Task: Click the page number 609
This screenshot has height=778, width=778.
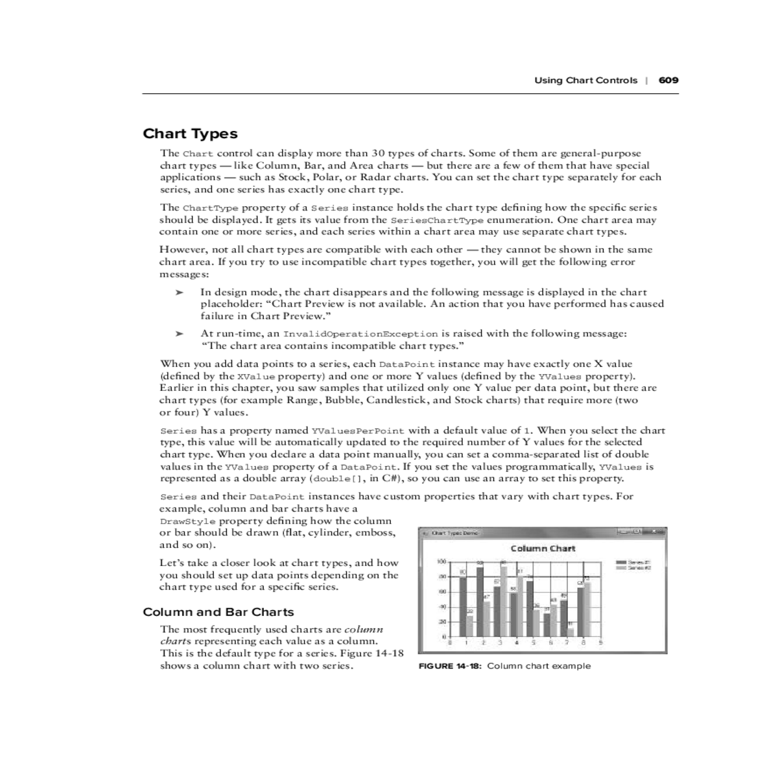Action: point(668,80)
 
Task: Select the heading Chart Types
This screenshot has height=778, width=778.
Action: point(190,134)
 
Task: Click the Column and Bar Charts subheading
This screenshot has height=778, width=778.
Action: point(218,612)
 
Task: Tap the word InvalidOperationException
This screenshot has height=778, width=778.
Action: point(360,334)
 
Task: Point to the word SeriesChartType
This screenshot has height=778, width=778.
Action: point(438,220)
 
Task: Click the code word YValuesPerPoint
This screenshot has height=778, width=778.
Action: point(358,430)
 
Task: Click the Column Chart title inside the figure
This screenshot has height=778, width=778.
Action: point(543,548)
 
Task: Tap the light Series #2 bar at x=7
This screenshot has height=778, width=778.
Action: point(571,632)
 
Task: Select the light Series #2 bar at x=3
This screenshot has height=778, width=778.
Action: point(504,601)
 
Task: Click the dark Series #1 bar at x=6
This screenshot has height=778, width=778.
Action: point(547,625)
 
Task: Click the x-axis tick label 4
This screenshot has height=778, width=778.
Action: point(517,643)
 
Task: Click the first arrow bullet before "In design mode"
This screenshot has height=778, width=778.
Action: point(180,292)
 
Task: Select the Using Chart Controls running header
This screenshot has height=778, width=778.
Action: point(585,80)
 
